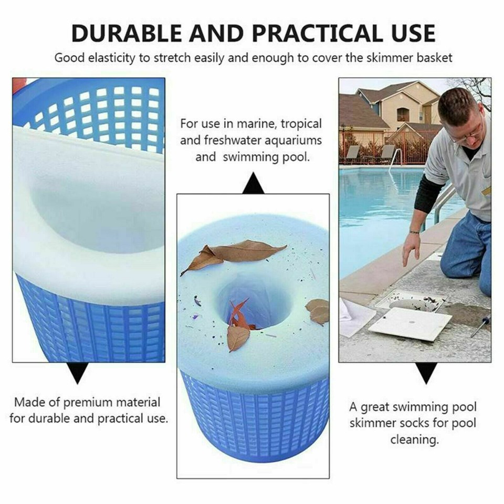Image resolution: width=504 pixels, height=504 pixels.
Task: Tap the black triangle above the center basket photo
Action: (x=253, y=184)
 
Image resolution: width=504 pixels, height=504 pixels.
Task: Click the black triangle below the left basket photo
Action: (x=78, y=372)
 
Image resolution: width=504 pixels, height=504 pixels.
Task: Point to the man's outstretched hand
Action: (x=412, y=247)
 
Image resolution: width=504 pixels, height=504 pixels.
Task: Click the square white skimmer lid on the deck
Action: (x=409, y=324)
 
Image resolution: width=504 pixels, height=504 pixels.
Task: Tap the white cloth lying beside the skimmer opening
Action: (x=356, y=317)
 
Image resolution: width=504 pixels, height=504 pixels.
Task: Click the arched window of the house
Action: (x=403, y=114)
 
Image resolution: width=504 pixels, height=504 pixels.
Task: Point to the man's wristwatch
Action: (x=415, y=230)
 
